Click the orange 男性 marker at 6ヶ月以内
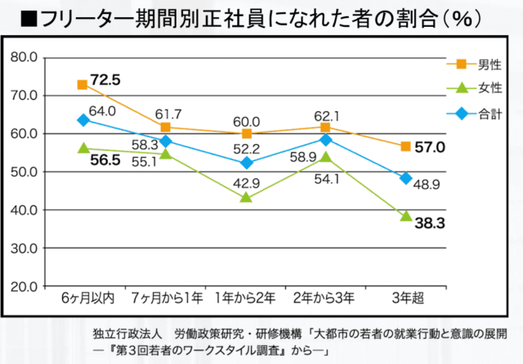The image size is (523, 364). pos(83,85)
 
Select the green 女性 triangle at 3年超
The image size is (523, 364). pos(405,216)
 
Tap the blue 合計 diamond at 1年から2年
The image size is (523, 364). pos(247,163)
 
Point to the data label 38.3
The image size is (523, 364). pos(428,222)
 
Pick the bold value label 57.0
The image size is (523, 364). pos(430,147)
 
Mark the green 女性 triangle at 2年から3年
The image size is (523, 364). pos(325,157)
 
